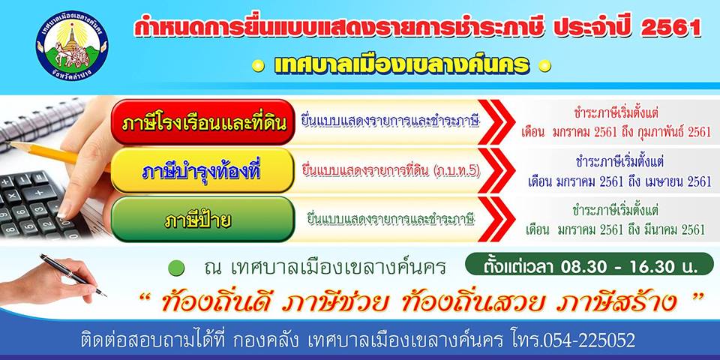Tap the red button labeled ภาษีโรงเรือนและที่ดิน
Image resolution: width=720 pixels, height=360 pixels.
[203, 122]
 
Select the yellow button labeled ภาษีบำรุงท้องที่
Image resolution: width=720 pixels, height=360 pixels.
[203, 171]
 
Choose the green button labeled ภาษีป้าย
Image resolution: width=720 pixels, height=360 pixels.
[203, 219]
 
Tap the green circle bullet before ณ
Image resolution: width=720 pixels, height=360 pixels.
[175, 268]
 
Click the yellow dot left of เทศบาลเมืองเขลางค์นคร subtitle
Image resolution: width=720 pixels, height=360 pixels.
[259, 66]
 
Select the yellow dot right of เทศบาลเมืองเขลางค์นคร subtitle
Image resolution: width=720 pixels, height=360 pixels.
[544, 66]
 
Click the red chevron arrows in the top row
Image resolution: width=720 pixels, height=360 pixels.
[496, 122]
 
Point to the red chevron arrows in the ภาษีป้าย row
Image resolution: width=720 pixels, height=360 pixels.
[496, 219]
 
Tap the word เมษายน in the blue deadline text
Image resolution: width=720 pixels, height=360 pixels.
[662, 181]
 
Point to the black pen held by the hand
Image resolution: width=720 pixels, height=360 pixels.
[73, 274]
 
